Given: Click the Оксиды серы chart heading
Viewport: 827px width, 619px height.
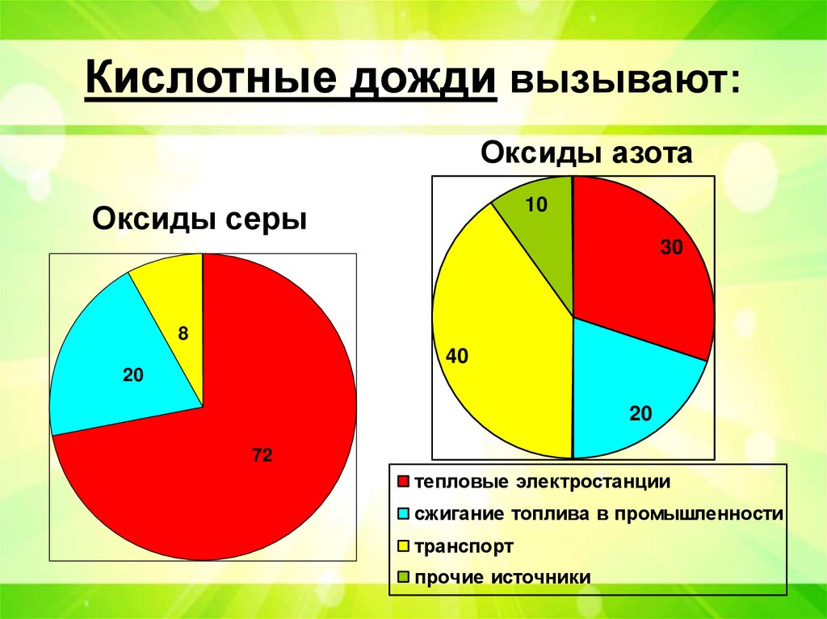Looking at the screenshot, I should click(x=200, y=219).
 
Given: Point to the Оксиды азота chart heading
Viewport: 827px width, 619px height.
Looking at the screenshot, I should click(x=587, y=152).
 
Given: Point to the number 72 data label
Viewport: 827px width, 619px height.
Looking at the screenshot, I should click(x=261, y=456).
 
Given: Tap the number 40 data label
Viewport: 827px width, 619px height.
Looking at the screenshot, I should click(x=457, y=356).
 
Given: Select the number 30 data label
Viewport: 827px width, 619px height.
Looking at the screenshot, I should click(x=671, y=249).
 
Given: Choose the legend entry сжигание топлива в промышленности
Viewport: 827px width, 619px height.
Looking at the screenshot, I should click(x=598, y=515).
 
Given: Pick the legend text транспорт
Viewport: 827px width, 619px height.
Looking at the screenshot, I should click(x=464, y=546).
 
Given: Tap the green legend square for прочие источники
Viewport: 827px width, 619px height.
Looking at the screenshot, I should click(x=404, y=578).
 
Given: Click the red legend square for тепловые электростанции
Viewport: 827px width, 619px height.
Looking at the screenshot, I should click(x=404, y=483).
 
